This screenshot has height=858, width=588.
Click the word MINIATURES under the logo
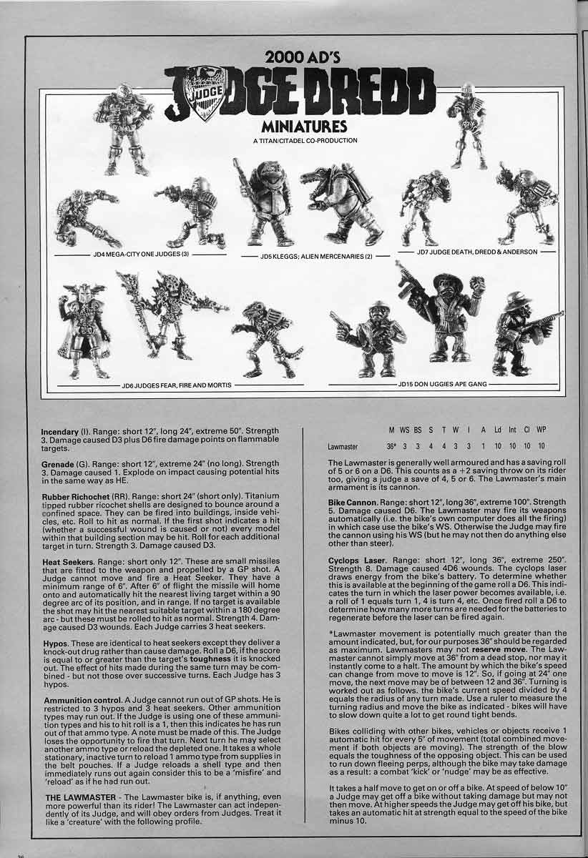tap(303, 126)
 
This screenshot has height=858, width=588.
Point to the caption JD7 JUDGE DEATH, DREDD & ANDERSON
tap(477, 252)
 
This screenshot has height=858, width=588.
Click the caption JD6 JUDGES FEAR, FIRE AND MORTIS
tap(176, 385)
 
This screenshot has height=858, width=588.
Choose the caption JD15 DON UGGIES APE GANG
tap(442, 384)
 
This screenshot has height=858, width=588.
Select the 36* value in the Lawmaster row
tap(391, 446)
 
